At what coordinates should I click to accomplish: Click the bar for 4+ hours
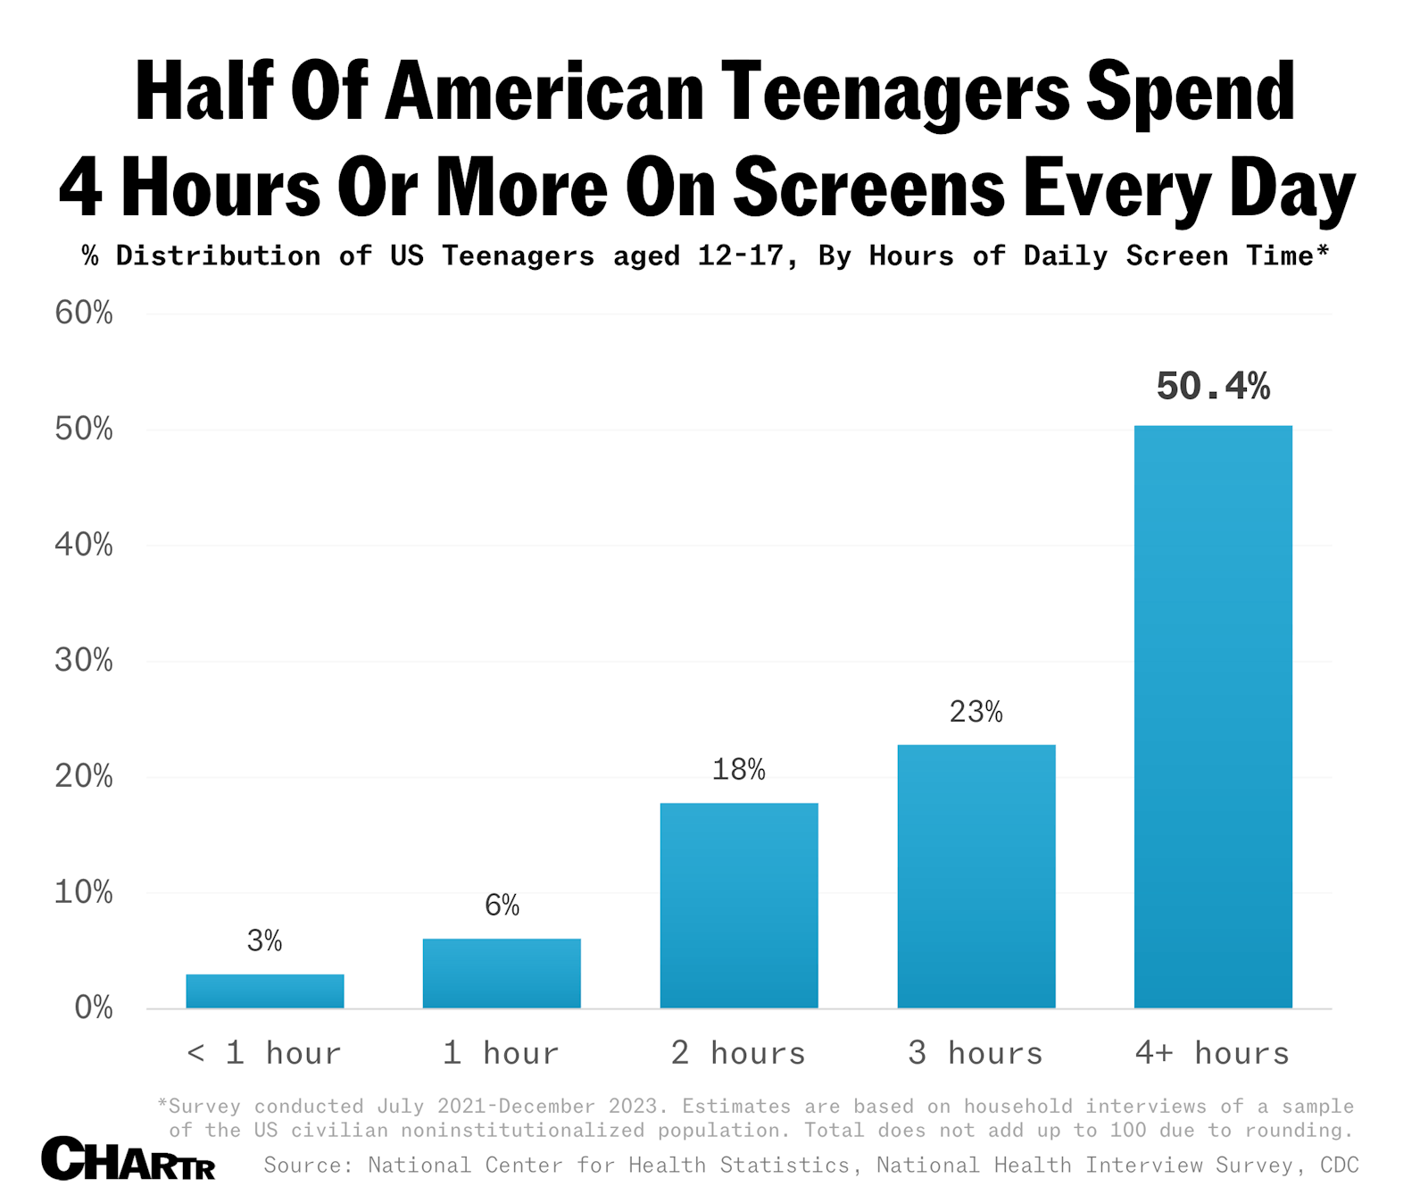(x=1213, y=716)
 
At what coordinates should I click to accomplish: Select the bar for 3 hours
(x=976, y=876)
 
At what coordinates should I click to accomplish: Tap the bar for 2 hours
(x=739, y=905)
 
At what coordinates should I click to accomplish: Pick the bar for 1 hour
(x=502, y=973)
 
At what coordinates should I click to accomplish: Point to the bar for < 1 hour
(x=265, y=990)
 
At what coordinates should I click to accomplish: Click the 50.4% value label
(x=1213, y=386)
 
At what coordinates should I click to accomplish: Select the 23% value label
(x=976, y=712)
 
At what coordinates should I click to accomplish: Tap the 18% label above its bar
(x=739, y=770)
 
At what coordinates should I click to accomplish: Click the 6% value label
(x=502, y=906)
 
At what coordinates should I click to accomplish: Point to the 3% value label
(x=265, y=940)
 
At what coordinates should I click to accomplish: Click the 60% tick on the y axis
(x=84, y=313)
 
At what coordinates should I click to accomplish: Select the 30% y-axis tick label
(x=84, y=660)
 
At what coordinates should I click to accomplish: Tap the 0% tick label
(x=93, y=1007)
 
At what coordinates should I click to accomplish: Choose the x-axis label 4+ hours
(x=1213, y=1053)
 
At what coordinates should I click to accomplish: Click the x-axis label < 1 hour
(x=265, y=1053)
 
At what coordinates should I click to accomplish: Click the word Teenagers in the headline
(x=895, y=92)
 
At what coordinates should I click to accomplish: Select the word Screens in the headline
(x=870, y=188)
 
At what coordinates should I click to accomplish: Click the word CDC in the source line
(x=1340, y=1165)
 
